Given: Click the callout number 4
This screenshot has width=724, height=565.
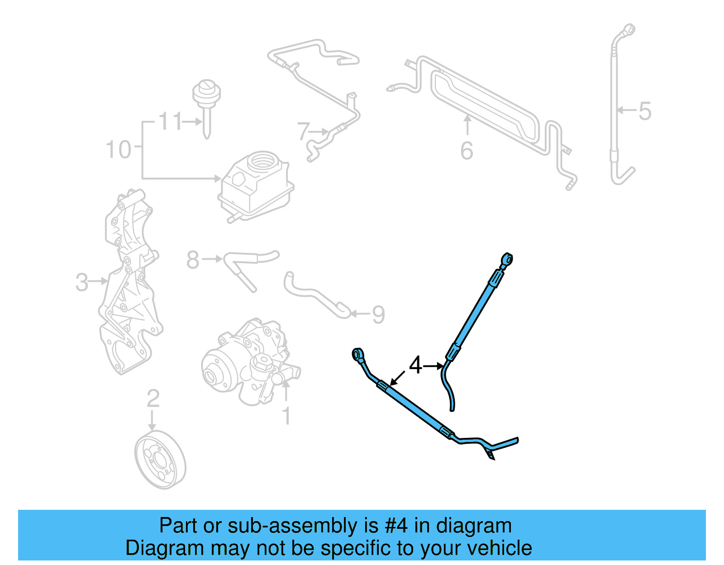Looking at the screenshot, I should [415, 365].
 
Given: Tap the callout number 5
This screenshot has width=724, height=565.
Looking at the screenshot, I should [645, 111].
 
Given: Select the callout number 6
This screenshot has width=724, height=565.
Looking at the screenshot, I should [467, 151].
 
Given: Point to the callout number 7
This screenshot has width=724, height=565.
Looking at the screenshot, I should [303, 132].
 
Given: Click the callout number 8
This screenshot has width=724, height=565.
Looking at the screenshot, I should [193, 260].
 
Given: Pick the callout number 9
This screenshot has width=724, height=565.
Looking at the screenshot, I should [378, 314].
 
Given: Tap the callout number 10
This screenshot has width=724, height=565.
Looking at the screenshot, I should [118, 149].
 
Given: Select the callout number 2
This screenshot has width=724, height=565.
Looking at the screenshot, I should [153, 399].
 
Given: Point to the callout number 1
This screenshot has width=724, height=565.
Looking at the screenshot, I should [286, 416].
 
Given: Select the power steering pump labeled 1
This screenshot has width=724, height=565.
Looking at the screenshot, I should [249, 362].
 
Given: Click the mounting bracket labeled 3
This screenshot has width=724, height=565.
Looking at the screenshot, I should [129, 285].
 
